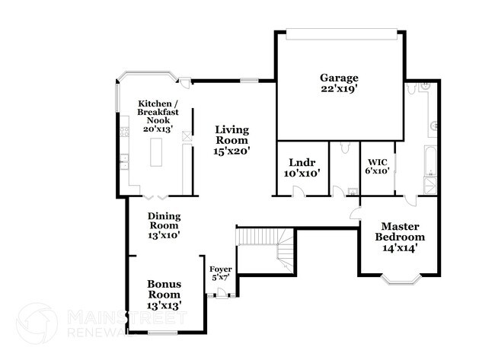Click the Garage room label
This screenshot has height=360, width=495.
coord(339,78)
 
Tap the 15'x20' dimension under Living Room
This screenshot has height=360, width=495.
coord(232,151)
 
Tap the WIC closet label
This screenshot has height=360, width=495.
coord(377,161)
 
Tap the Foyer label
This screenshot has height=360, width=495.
coord(220,269)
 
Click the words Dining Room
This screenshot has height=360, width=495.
coord(164,221)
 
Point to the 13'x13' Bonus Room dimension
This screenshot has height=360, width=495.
coord(164,304)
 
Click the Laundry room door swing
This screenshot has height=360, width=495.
coord(301,190)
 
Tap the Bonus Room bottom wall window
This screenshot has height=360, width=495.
coord(162,332)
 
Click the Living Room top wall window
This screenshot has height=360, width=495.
coord(249,80)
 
